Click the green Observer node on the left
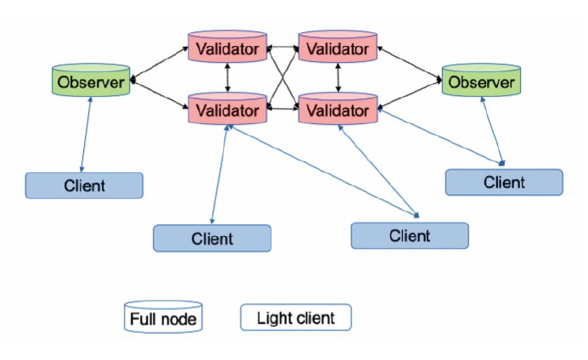pos(91,82)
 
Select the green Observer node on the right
pos(480,82)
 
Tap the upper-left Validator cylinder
pos(227,48)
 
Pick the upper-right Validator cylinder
pos(338,48)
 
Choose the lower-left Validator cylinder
pos(227,110)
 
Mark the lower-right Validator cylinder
pos(338,110)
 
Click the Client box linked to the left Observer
pos(84,185)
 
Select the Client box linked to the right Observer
pos(504,182)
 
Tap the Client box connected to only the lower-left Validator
pos(212,239)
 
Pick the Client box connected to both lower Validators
pos(410,235)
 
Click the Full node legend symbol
pos(163,318)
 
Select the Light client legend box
pos(295,318)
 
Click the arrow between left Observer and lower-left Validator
pos(160,95)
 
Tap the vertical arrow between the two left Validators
pos(227,79)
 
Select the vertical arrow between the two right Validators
pos(339,79)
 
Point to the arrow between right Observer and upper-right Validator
pos(409,64)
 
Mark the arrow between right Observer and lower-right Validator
pos(409,94)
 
